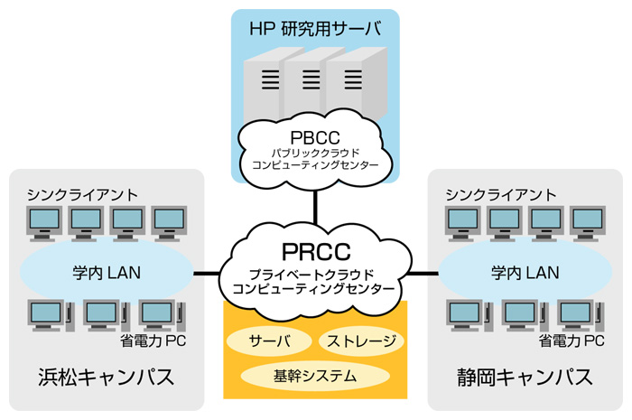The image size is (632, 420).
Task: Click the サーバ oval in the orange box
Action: tap(270, 341)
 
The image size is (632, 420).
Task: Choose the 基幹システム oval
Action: tap(314, 374)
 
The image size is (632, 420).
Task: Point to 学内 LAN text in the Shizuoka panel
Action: tap(525, 271)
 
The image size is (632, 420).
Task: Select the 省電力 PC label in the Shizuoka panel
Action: tap(571, 341)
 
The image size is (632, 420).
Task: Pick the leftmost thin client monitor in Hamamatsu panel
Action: tap(44, 221)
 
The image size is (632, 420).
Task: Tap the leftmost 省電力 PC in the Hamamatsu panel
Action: tap(46, 313)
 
